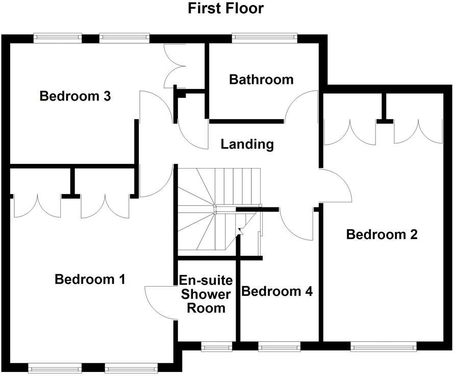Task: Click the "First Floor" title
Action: (x=226, y=9)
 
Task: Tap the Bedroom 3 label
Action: (x=75, y=96)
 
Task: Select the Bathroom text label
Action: (x=261, y=80)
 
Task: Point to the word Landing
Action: (x=247, y=145)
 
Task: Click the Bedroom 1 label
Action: (x=90, y=279)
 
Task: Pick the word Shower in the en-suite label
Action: (x=206, y=294)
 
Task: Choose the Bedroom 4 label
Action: (x=277, y=292)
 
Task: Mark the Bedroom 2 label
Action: (x=382, y=234)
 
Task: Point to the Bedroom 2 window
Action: (x=384, y=347)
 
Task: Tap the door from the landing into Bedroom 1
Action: (x=156, y=181)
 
